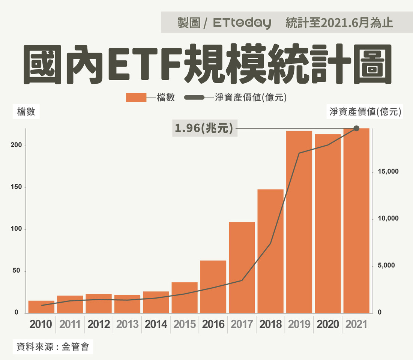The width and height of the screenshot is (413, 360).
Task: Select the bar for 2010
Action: coord(41,307)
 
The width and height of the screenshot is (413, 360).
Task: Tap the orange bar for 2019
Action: coord(299,222)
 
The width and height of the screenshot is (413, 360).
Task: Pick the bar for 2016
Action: coord(213,286)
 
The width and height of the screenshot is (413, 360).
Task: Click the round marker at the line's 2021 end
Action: coord(356,129)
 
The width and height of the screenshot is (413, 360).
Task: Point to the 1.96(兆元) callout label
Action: coord(204,129)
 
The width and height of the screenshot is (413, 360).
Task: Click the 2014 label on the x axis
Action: coord(156,324)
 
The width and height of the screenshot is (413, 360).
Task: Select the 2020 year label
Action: coord(327,324)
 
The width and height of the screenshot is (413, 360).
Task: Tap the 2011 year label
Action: coord(70,324)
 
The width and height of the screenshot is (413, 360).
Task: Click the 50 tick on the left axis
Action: coord(17,271)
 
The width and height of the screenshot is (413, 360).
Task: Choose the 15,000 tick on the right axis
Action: coord(383,172)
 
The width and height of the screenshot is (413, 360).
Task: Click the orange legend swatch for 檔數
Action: coord(136,97)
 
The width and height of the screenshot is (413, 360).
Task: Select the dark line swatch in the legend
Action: coord(194,97)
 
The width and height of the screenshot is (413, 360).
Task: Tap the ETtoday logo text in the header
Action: coord(242,23)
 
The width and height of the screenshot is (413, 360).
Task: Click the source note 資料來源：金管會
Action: coord(53,346)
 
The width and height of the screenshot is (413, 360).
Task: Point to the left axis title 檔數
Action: coord(26,112)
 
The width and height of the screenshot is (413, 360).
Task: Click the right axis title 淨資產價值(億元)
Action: coord(365,112)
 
